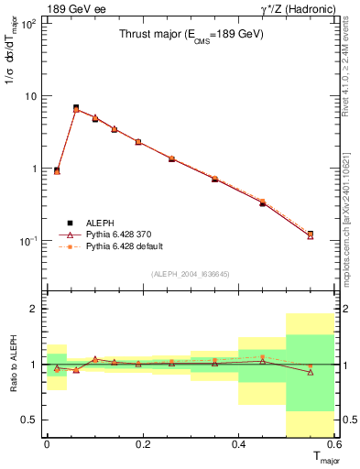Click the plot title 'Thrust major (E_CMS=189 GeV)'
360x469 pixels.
point(191,36)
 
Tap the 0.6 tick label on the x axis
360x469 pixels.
point(333,444)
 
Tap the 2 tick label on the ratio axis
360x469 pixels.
point(34,309)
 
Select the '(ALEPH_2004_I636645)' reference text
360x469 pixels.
point(191,273)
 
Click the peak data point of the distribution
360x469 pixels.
point(76,108)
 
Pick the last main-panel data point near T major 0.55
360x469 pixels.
point(311,234)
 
